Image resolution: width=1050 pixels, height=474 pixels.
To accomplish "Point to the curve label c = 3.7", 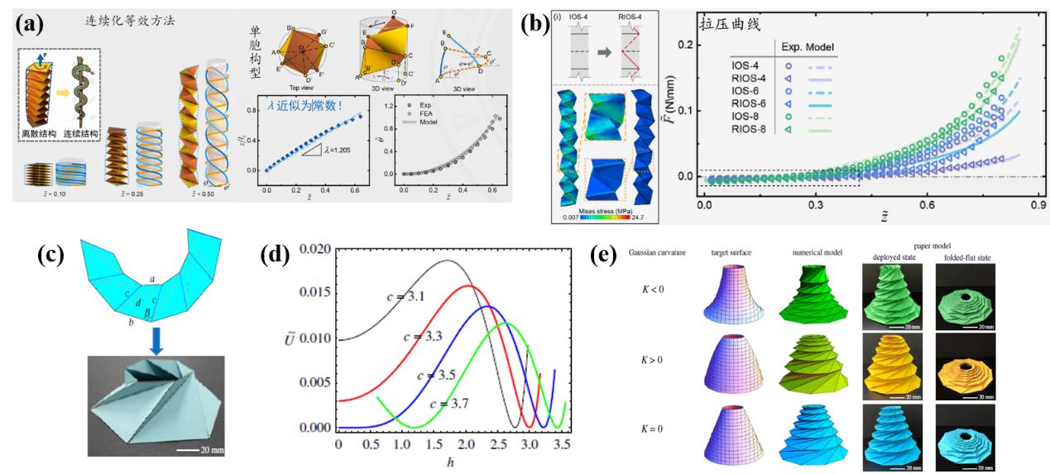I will coord(454,403).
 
